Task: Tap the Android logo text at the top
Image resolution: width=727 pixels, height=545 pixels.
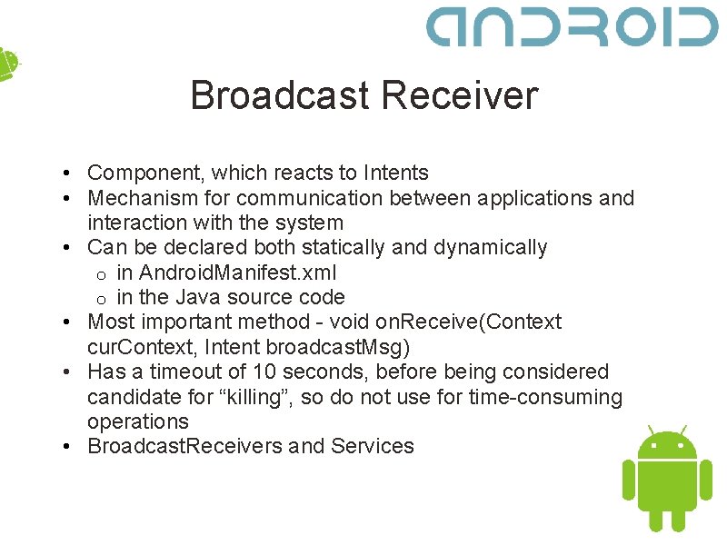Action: (572, 26)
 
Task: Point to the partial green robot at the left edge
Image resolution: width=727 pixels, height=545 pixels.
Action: (7, 64)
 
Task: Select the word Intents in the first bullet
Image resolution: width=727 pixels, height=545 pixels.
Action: (395, 173)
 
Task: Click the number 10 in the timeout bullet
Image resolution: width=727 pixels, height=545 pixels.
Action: (264, 372)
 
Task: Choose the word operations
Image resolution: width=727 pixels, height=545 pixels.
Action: (138, 421)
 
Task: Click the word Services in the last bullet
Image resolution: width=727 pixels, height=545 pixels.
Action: (373, 446)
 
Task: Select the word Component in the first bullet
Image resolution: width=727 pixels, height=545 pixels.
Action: (141, 173)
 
